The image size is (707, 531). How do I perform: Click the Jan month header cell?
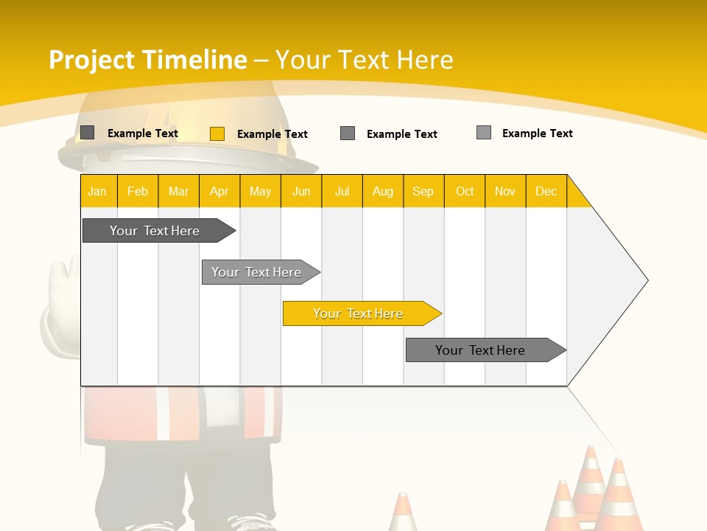(x=98, y=192)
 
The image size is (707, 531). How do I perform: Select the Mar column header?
(x=178, y=192)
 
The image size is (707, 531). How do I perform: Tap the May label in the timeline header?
(x=260, y=192)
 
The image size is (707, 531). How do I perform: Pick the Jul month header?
(x=342, y=192)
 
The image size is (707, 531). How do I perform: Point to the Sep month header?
(x=423, y=192)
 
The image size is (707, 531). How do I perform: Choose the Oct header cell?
(x=465, y=192)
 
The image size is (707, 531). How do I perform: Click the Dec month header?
(x=546, y=192)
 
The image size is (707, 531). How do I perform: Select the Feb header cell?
(x=138, y=192)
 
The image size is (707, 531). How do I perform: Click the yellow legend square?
(x=217, y=133)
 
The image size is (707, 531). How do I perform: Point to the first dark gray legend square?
(x=88, y=133)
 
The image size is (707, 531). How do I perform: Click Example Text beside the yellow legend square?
(x=272, y=134)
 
